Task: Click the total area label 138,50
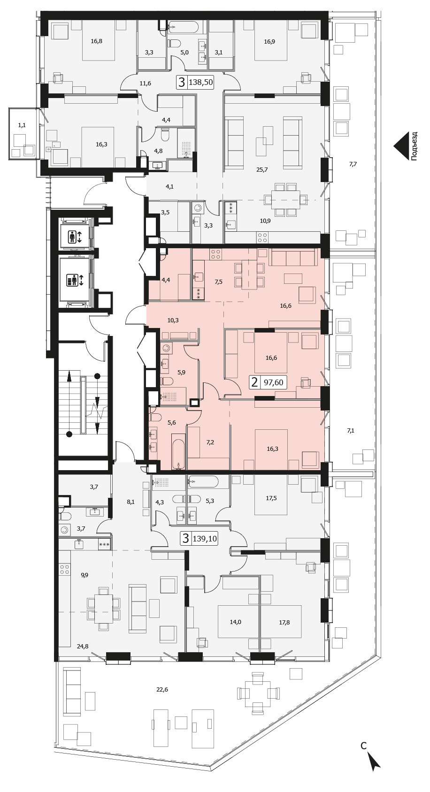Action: click(201, 83)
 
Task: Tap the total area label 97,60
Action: click(273, 382)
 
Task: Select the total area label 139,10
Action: click(205, 539)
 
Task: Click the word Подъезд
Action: click(414, 146)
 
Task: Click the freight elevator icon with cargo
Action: click(75, 281)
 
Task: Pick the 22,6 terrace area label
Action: click(162, 689)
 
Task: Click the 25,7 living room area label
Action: click(262, 169)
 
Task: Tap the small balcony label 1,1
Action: click(22, 125)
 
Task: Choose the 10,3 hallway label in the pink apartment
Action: click(173, 320)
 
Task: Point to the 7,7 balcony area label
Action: click(353, 164)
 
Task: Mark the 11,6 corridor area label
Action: click(146, 84)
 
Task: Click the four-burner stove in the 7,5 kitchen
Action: click(216, 254)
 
